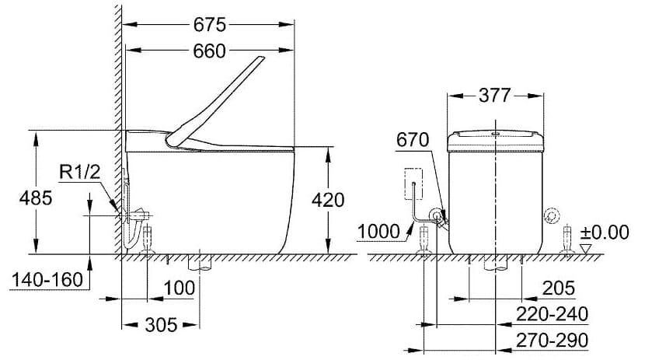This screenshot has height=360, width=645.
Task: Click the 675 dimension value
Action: [210, 24]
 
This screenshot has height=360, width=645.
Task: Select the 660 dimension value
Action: [210, 51]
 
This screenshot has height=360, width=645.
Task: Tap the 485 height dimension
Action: [36, 198]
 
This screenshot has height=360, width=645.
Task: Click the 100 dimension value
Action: [180, 289]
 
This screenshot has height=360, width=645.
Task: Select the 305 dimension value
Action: [161, 323]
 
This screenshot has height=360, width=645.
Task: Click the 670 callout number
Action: [413, 140]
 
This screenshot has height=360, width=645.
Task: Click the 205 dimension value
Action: [560, 288]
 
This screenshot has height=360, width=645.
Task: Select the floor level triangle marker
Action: [585, 248]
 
